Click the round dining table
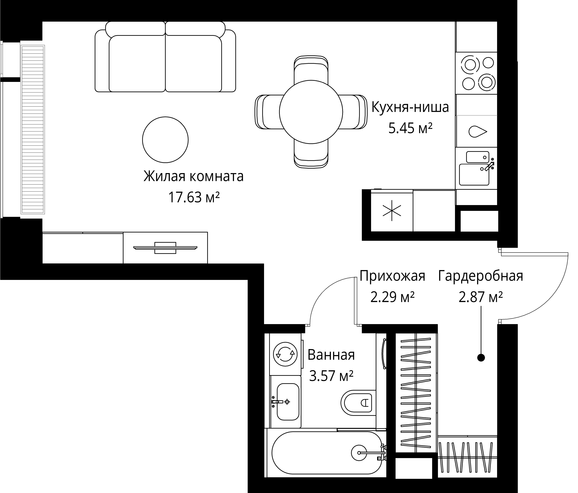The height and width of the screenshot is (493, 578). tap(311, 112)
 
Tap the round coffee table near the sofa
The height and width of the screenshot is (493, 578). tap(165, 140)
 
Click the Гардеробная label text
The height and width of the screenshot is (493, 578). tap(481, 276)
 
